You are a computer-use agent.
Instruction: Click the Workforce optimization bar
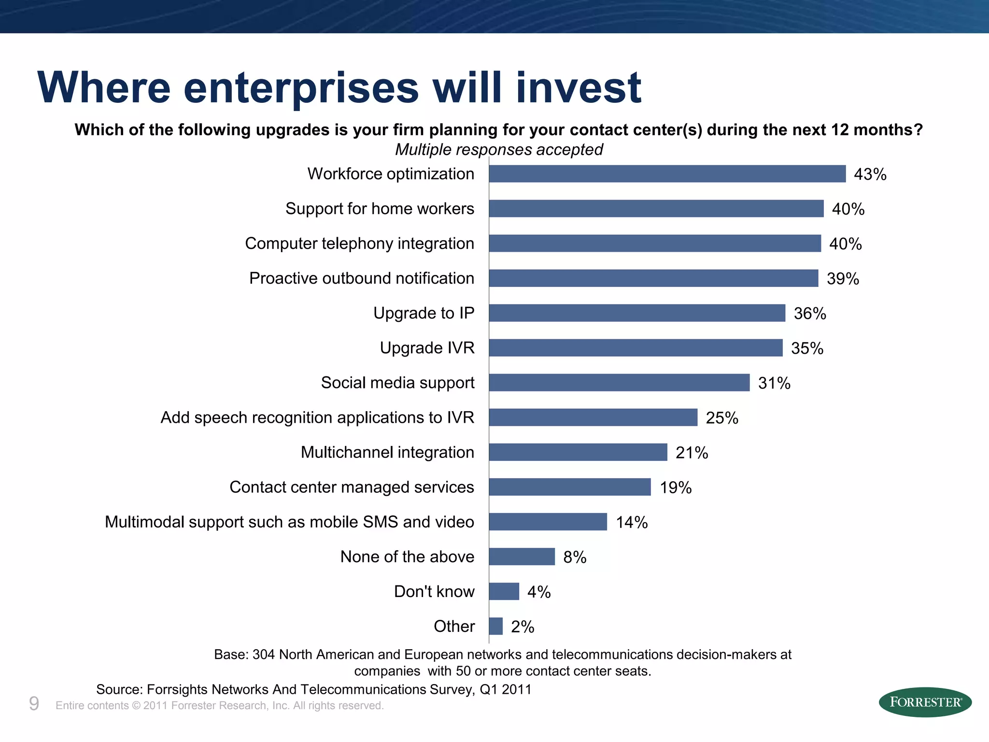click(x=667, y=174)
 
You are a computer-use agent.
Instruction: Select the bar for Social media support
click(x=619, y=383)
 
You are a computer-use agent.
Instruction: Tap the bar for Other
click(x=496, y=626)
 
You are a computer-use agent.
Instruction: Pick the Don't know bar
click(x=504, y=591)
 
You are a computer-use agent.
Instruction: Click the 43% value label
click(x=870, y=174)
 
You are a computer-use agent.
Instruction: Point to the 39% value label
click(x=843, y=279)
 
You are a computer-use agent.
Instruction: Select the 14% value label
click(x=632, y=522)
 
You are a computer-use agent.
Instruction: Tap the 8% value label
click(x=575, y=557)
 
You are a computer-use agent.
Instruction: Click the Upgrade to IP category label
click(x=424, y=313)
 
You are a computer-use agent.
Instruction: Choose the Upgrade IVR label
click(x=427, y=348)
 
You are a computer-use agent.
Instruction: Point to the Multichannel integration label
click(x=387, y=452)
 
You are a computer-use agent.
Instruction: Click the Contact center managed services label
click(x=352, y=487)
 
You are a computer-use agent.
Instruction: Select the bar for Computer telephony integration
click(x=655, y=243)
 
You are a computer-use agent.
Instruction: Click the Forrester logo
click(x=925, y=702)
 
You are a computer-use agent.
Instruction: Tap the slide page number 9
click(x=34, y=704)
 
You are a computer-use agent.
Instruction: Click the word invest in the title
click(x=579, y=88)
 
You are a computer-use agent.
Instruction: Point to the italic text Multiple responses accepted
click(x=499, y=150)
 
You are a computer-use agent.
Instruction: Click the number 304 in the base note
click(x=264, y=655)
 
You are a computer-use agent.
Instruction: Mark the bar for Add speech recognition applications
click(x=593, y=417)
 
